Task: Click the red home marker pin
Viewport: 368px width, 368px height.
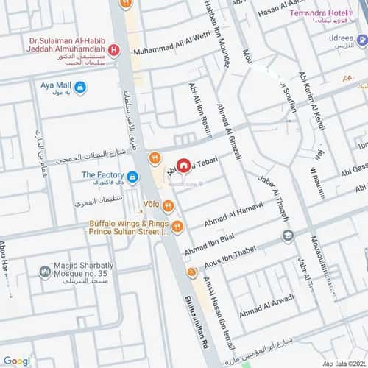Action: coord(183,166)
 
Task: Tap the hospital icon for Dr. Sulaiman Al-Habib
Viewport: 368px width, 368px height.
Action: coord(113,51)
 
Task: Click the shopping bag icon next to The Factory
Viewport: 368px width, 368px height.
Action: coord(132,177)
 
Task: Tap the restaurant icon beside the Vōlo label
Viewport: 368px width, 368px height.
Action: coord(169,205)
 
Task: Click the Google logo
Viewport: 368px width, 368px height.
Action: coord(16,361)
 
